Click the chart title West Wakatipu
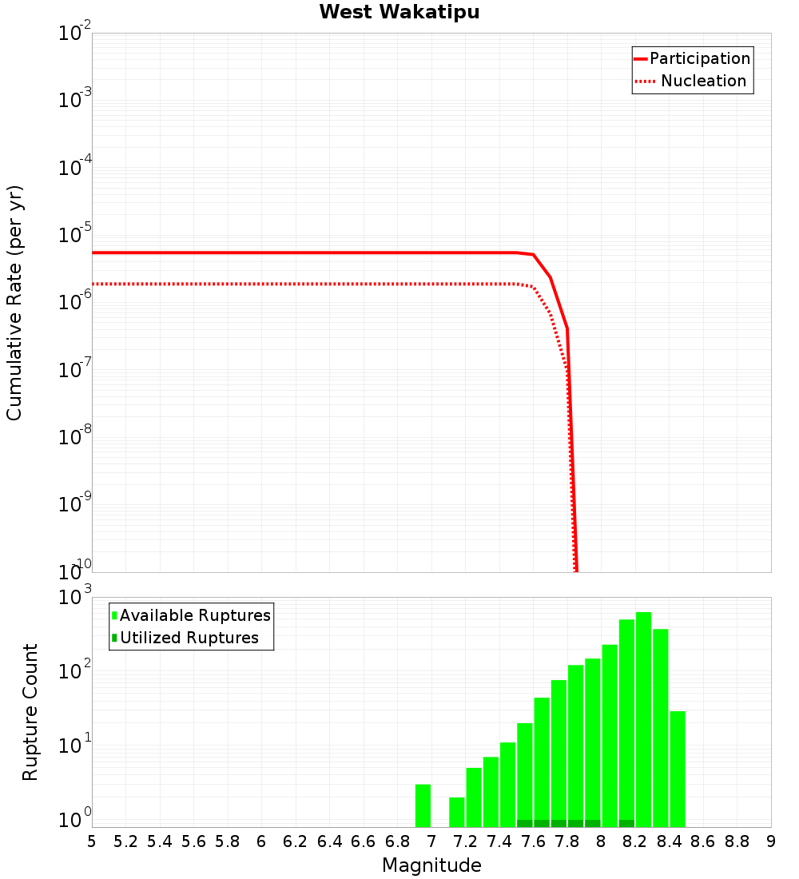[x=399, y=13]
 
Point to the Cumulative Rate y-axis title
[x=15, y=302]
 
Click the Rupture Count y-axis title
[x=30, y=711]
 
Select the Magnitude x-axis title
[x=431, y=865]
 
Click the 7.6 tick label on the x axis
[x=533, y=841]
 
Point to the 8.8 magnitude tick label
[x=737, y=841]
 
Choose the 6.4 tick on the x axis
[x=329, y=841]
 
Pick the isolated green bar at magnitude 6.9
[x=423, y=805]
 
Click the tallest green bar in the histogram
[x=643, y=719]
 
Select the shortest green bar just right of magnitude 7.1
[x=457, y=812]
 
